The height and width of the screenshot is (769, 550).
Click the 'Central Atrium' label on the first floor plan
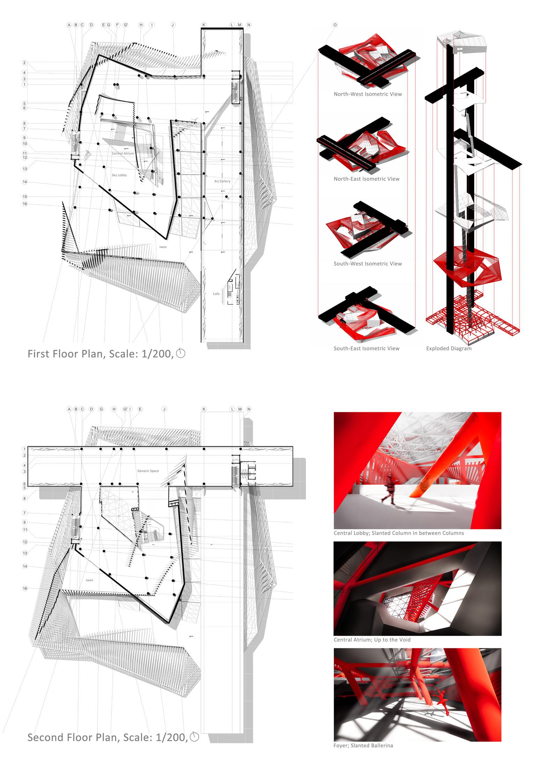tap(123, 153)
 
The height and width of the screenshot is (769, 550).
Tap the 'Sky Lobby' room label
tap(119, 175)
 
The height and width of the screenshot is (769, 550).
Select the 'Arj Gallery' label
tap(222, 181)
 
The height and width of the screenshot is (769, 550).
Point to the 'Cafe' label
tap(216, 294)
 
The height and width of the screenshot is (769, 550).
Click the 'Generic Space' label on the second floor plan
tap(148, 471)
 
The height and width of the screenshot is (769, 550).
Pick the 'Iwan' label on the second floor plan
tap(89, 580)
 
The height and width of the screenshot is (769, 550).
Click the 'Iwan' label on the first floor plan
tap(163, 247)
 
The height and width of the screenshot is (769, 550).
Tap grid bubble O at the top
tap(335, 25)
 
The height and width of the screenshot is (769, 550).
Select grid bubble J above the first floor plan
tap(173, 25)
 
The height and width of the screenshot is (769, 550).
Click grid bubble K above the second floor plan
tap(204, 409)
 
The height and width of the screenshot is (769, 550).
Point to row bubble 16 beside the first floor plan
tap(25, 204)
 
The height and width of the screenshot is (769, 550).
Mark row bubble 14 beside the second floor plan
tap(25, 566)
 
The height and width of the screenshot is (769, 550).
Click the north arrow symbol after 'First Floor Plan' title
tap(181, 354)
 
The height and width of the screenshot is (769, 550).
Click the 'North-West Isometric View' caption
tap(368, 94)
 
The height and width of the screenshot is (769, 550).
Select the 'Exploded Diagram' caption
tap(449, 348)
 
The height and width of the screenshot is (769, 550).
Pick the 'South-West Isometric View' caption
tap(368, 264)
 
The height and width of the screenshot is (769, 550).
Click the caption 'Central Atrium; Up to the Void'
tap(372, 640)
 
